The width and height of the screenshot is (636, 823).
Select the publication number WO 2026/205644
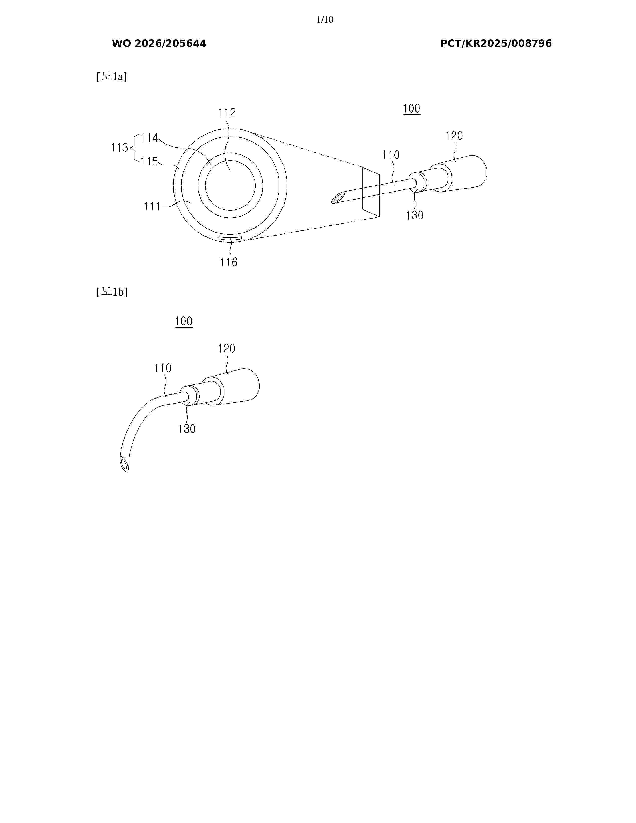point(159,44)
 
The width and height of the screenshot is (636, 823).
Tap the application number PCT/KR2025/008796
point(496,44)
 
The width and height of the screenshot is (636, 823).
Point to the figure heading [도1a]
point(111,77)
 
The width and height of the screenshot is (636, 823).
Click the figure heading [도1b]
point(112,292)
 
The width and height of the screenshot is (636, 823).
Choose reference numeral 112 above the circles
point(227,113)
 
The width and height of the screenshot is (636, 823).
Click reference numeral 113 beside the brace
point(119,147)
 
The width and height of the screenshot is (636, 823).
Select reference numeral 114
point(149,138)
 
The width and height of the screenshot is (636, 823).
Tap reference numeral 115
point(149,162)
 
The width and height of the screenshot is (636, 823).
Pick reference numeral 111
point(152,206)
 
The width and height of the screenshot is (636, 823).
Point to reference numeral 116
point(229,262)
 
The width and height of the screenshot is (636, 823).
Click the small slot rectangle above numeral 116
point(230,238)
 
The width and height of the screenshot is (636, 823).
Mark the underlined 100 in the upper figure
point(412,109)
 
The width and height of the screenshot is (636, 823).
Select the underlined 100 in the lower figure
point(184,321)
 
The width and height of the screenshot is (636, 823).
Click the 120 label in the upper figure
point(454,136)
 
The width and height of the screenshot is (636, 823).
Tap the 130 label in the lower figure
point(187,429)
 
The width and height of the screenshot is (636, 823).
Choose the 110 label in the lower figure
point(163,368)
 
